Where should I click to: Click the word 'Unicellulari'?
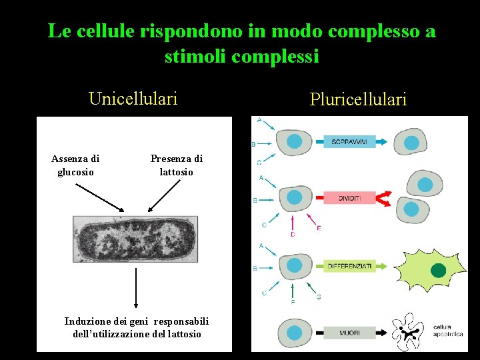[x=133, y=99]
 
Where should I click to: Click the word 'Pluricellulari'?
[x=358, y=100]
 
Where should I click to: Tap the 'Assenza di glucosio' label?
[x=75, y=165]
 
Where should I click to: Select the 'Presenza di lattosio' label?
[x=177, y=165]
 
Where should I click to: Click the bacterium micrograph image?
[x=136, y=239]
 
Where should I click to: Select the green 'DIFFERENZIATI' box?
[x=350, y=266]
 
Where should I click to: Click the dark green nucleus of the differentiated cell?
[x=438, y=271]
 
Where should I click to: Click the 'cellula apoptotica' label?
[x=448, y=331]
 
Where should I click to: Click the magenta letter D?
[x=293, y=235]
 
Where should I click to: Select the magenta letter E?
[x=319, y=229]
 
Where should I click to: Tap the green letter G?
[x=319, y=297]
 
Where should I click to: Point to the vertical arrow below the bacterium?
[x=136, y=287]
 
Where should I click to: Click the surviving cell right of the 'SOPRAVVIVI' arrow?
[x=411, y=142]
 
